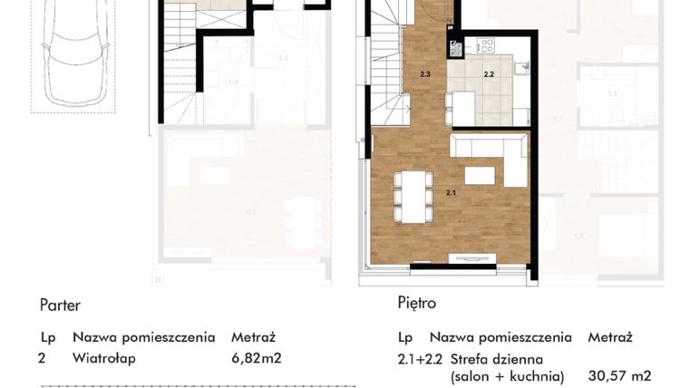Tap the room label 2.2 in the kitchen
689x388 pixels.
pyautogui.click(x=489, y=75)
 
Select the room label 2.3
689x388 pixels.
pyautogui.click(x=425, y=73)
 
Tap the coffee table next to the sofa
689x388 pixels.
pyautogui.click(x=479, y=174)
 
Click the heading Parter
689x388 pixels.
pyautogui.click(x=60, y=306)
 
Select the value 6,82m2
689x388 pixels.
pyautogui.click(x=257, y=358)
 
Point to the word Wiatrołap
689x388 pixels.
pyautogui.click(x=104, y=358)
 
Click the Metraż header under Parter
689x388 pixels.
pyautogui.click(x=255, y=337)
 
